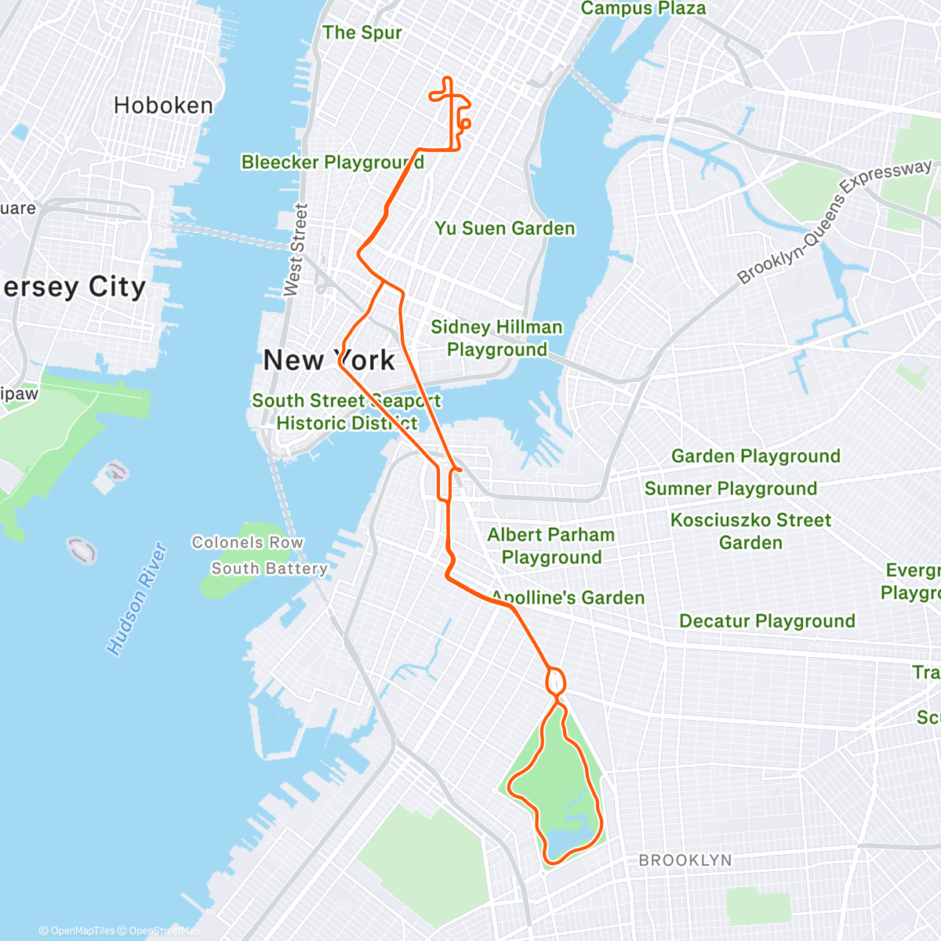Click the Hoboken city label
tap(163, 106)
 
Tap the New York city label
tap(329, 361)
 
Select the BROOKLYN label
tap(685, 860)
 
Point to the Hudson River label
tap(137, 599)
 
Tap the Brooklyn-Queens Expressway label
tap(834, 221)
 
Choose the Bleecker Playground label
tap(332, 162)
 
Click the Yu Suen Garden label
tap(505, 228)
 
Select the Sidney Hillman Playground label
tap(497, 338)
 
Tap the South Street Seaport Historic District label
tap(346, 412)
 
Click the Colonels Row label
tap(247, 543)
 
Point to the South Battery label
tap(269, 569)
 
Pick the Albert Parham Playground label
tap(551, 546)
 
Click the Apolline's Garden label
tap(568, 598)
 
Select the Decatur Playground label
tap(767, 621)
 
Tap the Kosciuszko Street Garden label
tap(750, 531)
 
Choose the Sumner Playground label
tap(730, 489)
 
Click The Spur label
tap(362, 33)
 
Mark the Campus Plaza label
tap(643, 9)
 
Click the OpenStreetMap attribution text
tap(164, 931)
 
